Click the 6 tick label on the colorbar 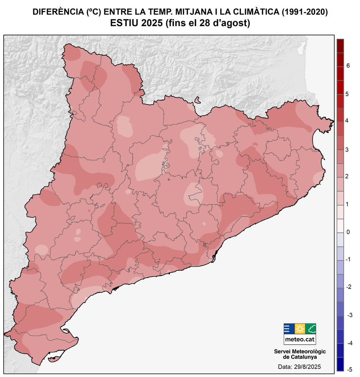(348, 66)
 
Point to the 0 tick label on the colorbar (348, 232)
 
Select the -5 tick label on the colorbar (348, 369)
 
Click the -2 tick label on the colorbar (348, 287)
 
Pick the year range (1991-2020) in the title (304, 12)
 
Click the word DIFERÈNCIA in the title (58, 12)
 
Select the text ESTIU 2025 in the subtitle (136, 23)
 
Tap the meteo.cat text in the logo (300, 339)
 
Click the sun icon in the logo (300, 329)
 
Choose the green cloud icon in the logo (311, 329)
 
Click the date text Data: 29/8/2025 (299, 367)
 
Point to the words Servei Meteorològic (300, 352)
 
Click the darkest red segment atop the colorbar (340, 46)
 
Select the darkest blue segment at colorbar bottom (340, 364)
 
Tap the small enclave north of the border (197, 100)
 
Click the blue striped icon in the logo (289, 329)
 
